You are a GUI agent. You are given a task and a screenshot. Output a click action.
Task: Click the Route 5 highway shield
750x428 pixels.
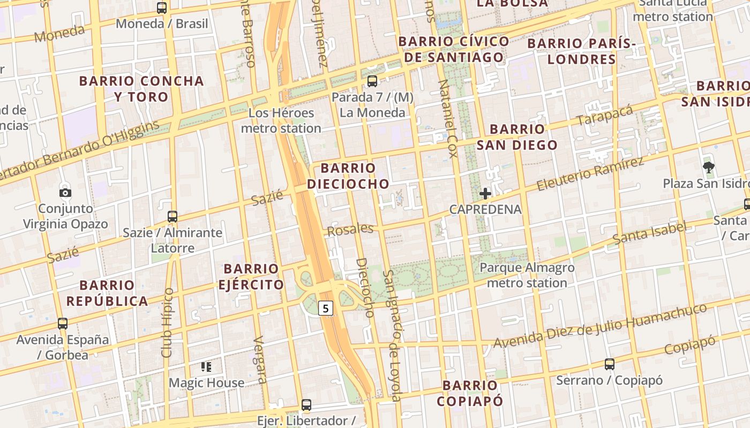click(x=326, y=308)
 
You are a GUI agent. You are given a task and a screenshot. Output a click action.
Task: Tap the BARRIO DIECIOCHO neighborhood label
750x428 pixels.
click(x=348, y=176)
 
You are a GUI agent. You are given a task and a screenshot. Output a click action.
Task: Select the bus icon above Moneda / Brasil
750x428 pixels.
click(x=162, y=8)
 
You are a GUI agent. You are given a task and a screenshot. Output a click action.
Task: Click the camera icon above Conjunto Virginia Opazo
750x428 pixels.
click(x=65, y=193)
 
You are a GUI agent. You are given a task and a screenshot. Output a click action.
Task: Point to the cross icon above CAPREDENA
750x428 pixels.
click(x=485, y=194)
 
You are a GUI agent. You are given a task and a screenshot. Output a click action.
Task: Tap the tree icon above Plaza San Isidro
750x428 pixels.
click(x=709, y=167)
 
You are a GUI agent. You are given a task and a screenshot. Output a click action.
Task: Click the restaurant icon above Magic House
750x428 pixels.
click(x=206, y=367)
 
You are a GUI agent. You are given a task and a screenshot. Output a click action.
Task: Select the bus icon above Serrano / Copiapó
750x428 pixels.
click(x=610, y=364)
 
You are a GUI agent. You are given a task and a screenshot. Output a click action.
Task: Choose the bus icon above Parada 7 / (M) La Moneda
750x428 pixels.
click(x=372, y=81)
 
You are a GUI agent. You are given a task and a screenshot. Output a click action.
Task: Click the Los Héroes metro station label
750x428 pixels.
click(x=281, y=120)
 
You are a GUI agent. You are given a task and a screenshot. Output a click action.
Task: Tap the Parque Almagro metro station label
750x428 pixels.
click(x=527, y=275)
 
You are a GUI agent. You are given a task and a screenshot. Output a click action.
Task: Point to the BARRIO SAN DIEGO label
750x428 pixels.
click(x=517, y=137)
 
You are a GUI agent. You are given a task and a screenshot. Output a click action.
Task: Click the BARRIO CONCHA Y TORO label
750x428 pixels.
click(x=141, y=89)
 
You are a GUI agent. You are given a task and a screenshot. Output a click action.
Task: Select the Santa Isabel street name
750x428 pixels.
click(x=649, y=233)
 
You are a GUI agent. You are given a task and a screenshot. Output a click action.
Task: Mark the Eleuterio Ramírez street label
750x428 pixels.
click(x=590, y=174)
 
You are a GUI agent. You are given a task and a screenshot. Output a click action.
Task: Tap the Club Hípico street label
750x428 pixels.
click(x=168, y=323)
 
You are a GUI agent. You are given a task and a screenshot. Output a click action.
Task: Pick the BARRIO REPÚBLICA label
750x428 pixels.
click(x=107, y=293)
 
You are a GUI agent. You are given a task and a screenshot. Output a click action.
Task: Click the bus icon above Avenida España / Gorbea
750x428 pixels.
click(x=63, y=324)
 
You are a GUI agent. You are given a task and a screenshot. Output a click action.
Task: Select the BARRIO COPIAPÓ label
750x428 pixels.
click(x=470, y=393)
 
